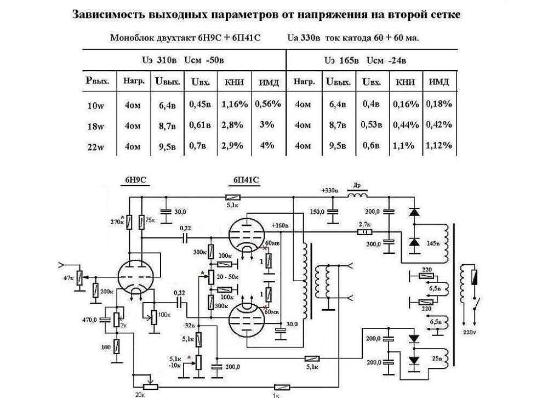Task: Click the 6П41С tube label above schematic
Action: click(x=247, y=181)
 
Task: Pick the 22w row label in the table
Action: click(x=95, y=146)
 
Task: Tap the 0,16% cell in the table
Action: click(x=405, y=104)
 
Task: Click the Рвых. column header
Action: click(x=98, y=82)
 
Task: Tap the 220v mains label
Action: click(x=470, y=332)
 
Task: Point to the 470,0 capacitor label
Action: click(x=90, y=320)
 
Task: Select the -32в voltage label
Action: click(x=190, y=325)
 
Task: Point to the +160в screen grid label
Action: click(x=280, y=225)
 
